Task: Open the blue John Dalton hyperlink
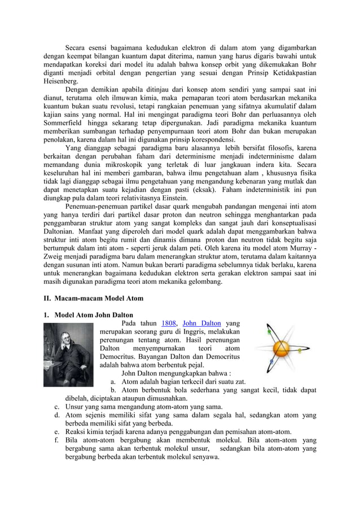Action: (202, 323)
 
